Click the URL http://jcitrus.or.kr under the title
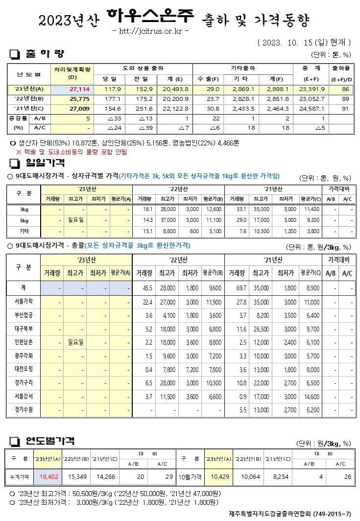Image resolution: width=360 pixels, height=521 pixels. click(x=150, y=32)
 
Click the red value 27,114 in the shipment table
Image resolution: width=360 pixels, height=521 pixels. click(x=79, y=90)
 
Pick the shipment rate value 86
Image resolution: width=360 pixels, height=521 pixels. click(x=346, y=90)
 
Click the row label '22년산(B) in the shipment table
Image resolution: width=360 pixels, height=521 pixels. click(x=29, y=98)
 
